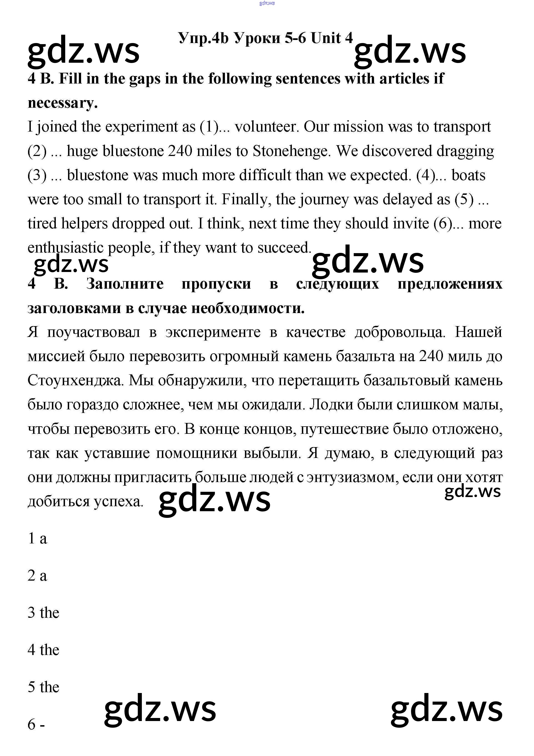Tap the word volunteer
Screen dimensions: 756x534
pos(266,127)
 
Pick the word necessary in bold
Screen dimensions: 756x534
pos(62,103)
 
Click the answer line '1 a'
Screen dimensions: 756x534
pos(37,539)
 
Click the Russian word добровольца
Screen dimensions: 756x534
pos(400,332)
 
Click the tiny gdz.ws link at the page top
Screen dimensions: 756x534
pos(267,3)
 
